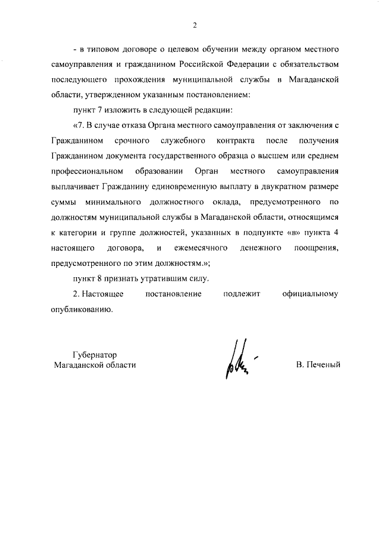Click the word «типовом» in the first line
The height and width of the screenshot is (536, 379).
101,47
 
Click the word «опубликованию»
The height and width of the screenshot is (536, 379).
81,310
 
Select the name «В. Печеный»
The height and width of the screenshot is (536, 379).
318,365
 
